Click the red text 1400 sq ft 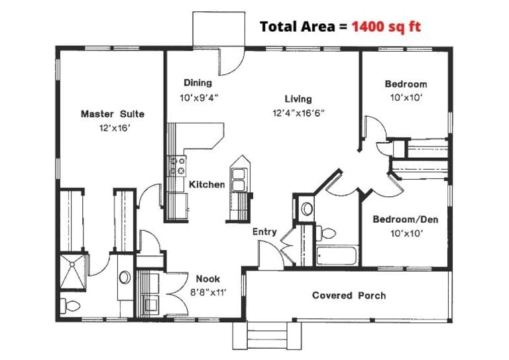[386, 27]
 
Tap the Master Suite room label [112, 114]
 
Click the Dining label [198, 83]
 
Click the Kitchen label [207, 184]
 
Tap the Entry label [264, 232]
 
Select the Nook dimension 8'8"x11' [208, 291]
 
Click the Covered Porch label [349, 295]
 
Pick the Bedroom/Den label [405, 220]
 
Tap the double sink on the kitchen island [239, 177]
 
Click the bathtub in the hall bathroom [337, 255]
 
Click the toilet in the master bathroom [71, 306]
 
